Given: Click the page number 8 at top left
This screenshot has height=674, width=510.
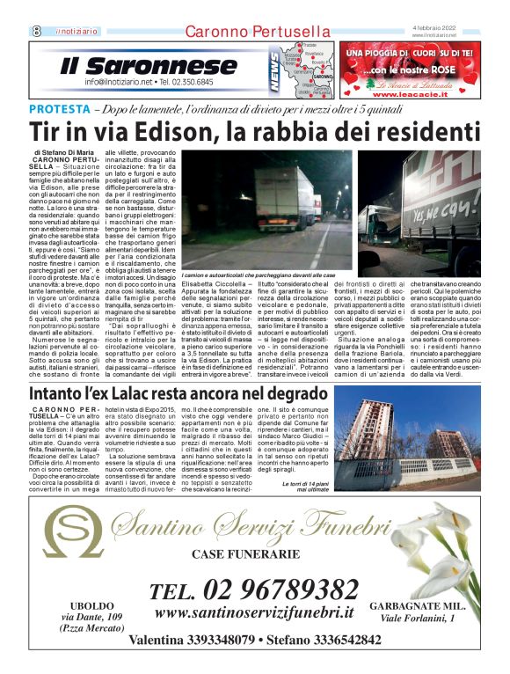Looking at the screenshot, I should coord(38,31).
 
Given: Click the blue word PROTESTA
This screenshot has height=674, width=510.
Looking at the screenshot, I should coord(57,108).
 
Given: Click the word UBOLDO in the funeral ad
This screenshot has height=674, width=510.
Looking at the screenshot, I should coord(91,607).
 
